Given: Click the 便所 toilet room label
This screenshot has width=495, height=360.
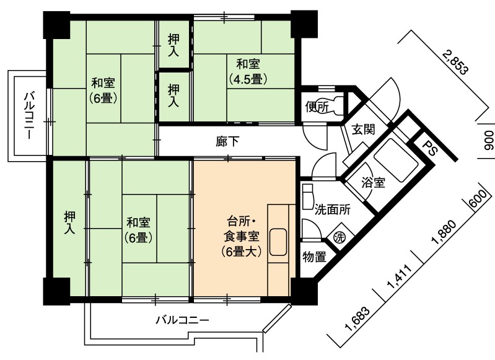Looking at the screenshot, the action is tap(317, 107).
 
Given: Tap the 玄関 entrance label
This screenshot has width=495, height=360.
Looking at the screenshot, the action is tap(364, 129).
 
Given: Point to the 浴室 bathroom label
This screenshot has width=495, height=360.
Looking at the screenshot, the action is tap(374, 183).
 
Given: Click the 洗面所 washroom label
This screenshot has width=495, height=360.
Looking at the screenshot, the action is tap(333, 209).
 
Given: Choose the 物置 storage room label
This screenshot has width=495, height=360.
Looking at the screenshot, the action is tap(315, 257).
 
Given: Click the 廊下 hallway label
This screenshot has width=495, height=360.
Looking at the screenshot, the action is tap(227, 141).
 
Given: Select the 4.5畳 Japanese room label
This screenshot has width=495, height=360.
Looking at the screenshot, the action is tap(248, 72).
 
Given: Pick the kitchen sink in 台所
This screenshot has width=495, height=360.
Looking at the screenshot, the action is tap(278, 242).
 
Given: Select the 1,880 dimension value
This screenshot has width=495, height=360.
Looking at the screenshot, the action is tap(444, 232).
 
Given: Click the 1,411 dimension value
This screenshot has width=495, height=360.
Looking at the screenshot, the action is tap(400, 276).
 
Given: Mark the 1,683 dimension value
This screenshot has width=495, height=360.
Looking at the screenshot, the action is tap(357, 319).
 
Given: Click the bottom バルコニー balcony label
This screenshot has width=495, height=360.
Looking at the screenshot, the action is tap(183, 320).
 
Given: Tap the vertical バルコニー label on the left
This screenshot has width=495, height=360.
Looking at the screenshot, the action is tap(29, 115).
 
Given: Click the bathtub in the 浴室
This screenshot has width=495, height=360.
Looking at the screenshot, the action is tap(396, 160).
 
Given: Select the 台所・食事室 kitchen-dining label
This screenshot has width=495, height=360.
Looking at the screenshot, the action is tap(241, 236).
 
